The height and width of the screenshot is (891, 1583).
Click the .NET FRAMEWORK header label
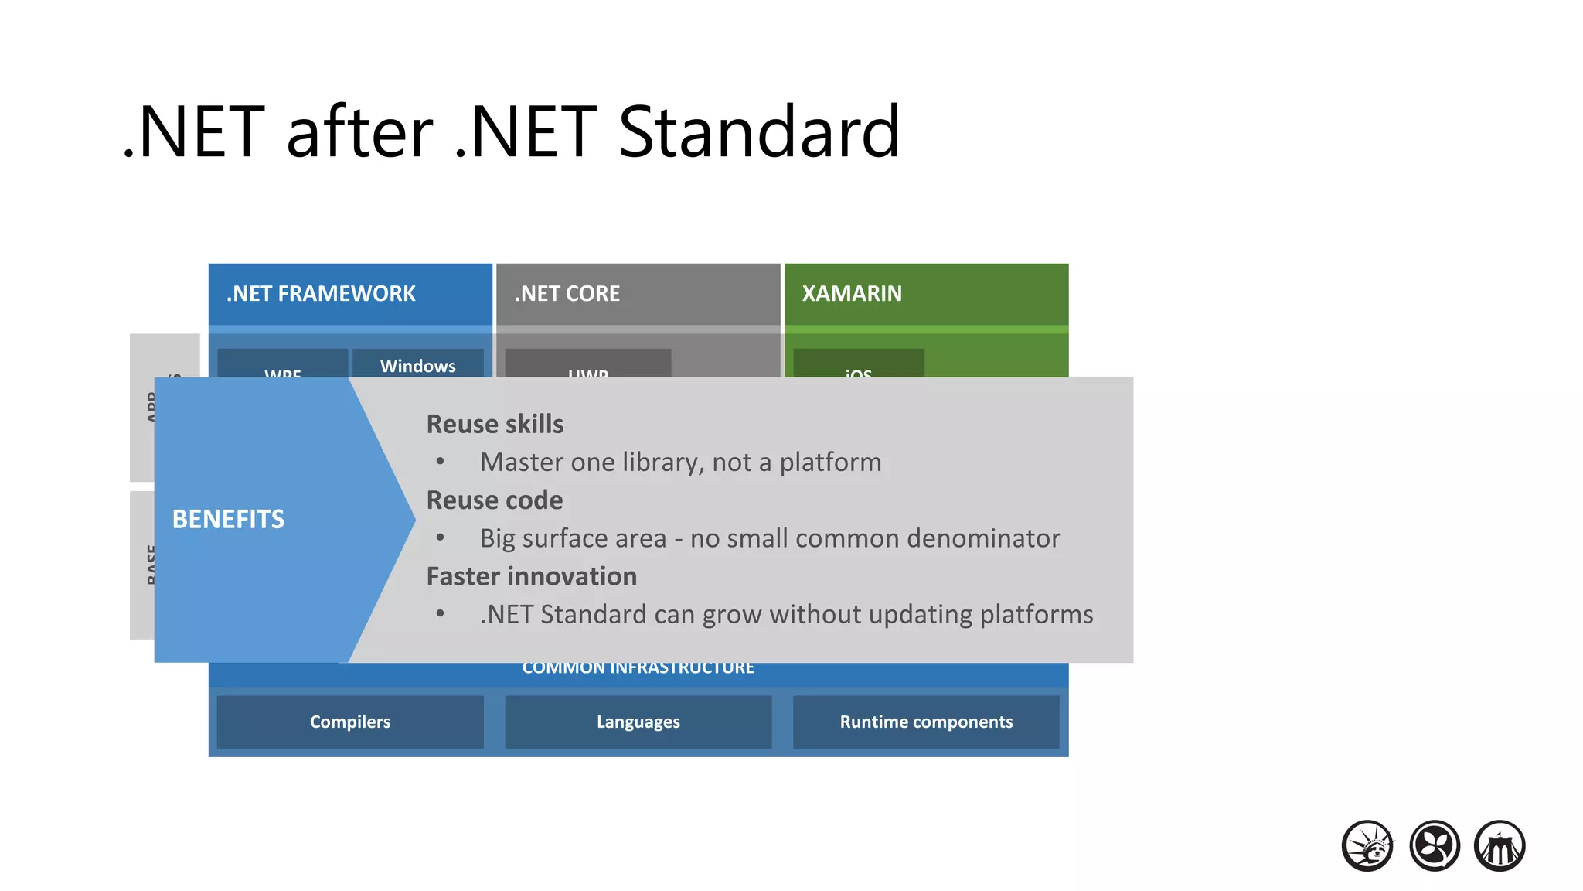coord(321,294)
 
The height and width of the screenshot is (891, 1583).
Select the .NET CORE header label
coord(567,294)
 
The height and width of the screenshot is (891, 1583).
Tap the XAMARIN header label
coord(852,294)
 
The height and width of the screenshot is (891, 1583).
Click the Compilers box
coord(350,722)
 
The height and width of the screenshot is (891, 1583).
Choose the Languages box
coord(638,722)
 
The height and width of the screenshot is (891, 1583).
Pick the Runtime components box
coord(926,722)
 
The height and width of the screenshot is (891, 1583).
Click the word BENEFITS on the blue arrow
coord(228,519)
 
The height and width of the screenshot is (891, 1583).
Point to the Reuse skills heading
coord(495,424)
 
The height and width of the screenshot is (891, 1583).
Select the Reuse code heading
coord(495,500)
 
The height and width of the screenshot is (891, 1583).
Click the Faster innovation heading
coord(532,576)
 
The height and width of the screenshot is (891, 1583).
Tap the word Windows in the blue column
coord(418,366)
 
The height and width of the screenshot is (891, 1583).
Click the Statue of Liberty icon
coord(1367,845)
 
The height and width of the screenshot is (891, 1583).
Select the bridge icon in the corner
coord(1500,845)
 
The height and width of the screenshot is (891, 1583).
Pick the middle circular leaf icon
coord(1434,845)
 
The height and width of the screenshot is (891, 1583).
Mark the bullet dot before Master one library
coord(440,462)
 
